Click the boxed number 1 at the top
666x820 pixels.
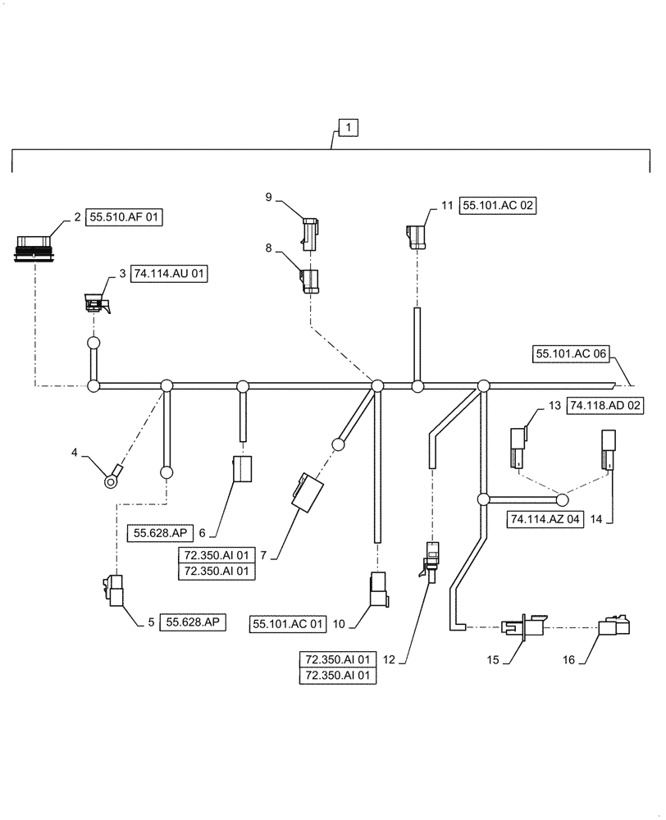tap(349, 128)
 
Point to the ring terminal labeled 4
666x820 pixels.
tap(111, 474)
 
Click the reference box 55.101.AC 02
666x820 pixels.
tap(499, 207)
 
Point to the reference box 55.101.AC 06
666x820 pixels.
tap(571, 353)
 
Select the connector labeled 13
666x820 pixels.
tap(518, 449)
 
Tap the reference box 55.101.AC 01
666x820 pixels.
tap(290, 625)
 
